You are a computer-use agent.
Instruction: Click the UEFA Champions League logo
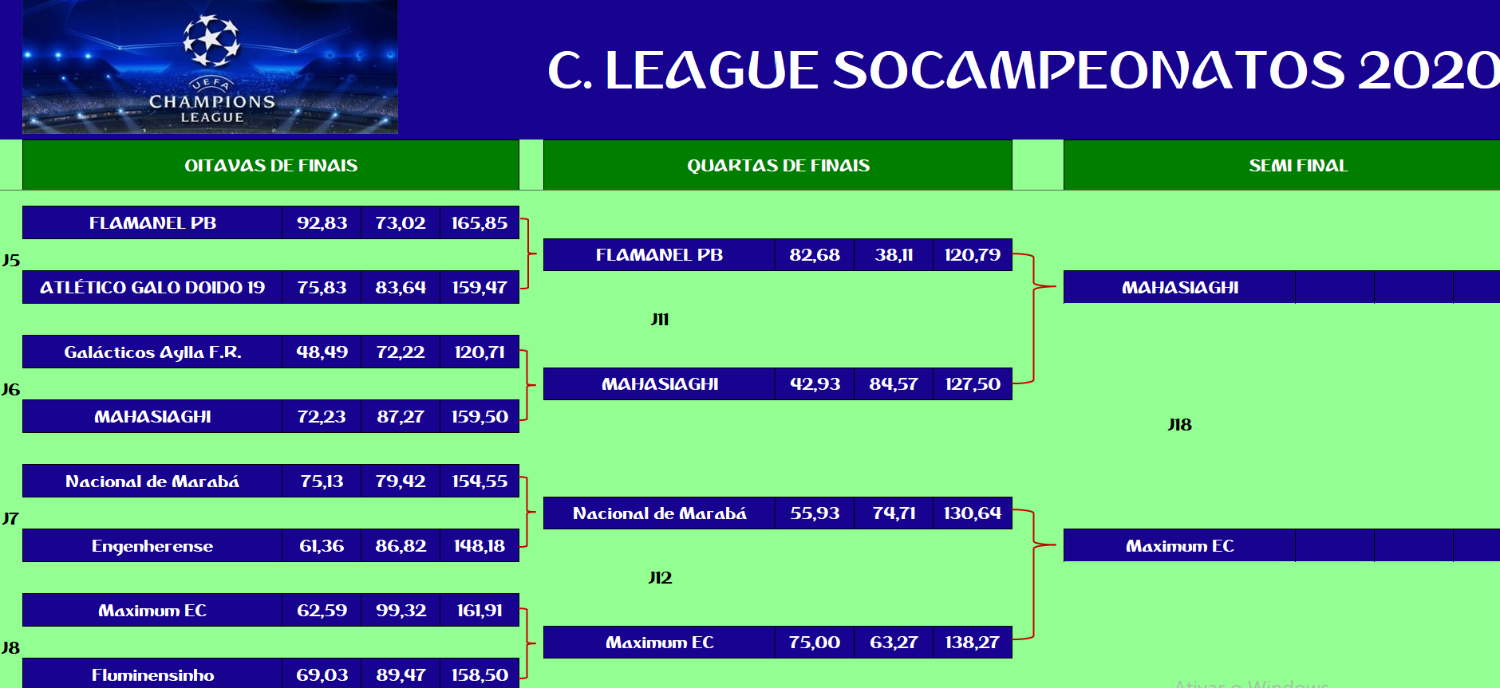(211, 67)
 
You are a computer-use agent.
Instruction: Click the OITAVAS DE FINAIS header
(271, 165)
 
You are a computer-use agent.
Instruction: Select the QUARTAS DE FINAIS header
(778, 165)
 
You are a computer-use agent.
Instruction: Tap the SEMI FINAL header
(1298, 165)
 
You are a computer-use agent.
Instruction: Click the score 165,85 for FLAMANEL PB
(480, 223)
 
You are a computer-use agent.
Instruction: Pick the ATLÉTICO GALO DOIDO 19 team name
(152, 288)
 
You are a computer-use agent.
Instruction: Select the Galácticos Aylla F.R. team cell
(152, 352)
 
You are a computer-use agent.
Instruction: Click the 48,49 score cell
(322, 352)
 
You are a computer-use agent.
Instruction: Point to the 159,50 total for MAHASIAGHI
(480, 417)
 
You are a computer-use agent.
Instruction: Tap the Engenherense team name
(152, 546)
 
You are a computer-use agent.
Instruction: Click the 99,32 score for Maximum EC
(401, 611)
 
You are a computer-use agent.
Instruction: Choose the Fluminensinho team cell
(152, 675)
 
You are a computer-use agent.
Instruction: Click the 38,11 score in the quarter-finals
(894, 255)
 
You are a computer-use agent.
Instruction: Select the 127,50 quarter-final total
(973, 384)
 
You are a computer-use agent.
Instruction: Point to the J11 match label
(660, 320)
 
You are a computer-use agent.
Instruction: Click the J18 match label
(1179, 425)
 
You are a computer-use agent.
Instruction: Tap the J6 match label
(10, 390)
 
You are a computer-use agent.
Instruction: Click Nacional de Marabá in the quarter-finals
(660, 513)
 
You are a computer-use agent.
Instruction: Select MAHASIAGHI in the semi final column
(1180, 288)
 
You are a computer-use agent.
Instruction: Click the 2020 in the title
(1428, 70)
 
